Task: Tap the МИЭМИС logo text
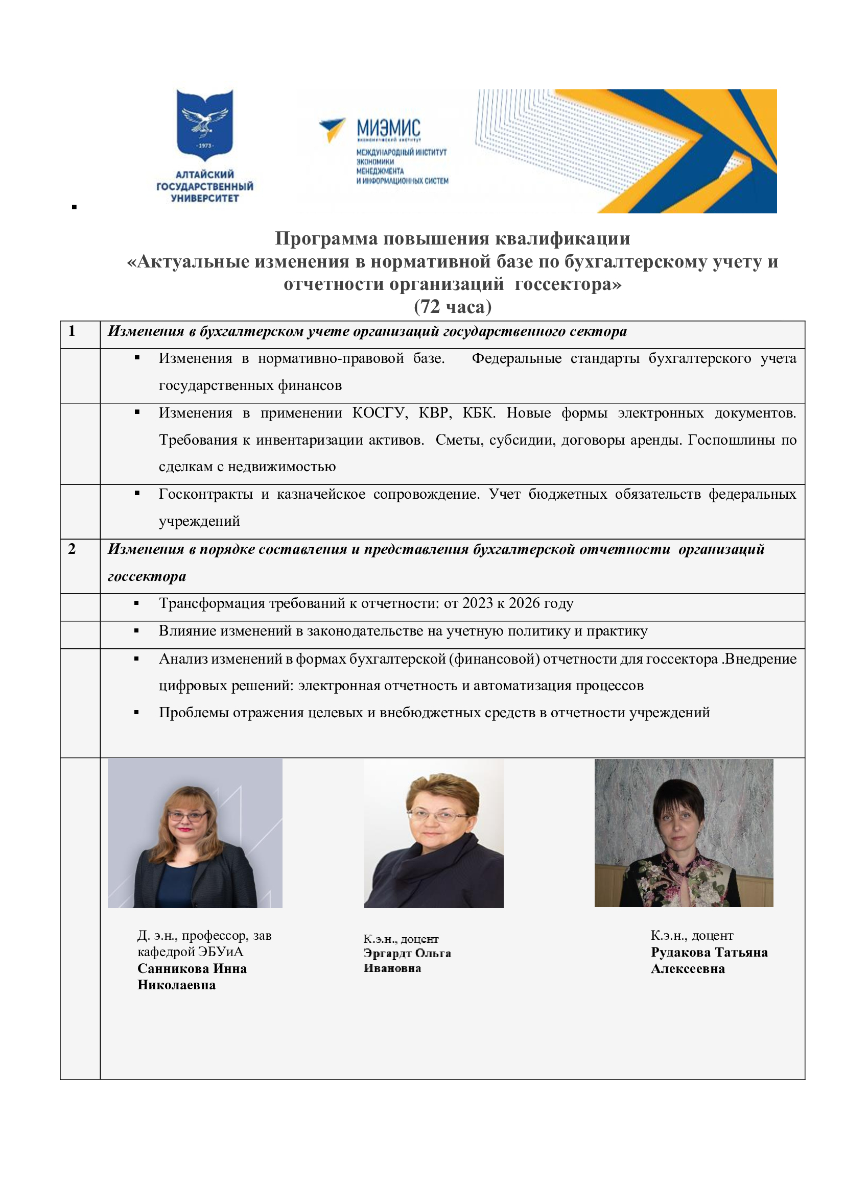[x=388, y=128]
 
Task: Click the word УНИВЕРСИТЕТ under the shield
[x=204, y=198]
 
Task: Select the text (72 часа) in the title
[x=452, y=307]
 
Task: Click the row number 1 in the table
[x=72, y=331]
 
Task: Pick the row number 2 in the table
[x=72, y=549]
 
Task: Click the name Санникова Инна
[x=192, y=968]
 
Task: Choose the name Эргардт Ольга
[x=407, y=953]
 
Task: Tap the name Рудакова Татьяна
[x=709, y=952]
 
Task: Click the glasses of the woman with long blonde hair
[x=187, y=816]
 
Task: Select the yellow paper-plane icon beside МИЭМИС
[x=332, y=129]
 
